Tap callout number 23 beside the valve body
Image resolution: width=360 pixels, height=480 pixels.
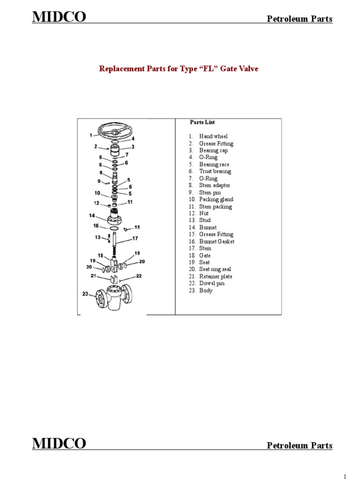85,294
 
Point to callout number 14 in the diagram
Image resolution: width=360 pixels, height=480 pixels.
92,215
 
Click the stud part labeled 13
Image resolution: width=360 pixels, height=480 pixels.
110,238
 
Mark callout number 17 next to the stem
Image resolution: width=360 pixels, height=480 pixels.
135,238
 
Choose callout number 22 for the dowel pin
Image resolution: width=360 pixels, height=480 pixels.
139,276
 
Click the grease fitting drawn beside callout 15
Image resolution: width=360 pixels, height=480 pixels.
126,229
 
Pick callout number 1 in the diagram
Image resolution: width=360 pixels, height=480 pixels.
90,135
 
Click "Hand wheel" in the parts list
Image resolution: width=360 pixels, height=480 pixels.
213,136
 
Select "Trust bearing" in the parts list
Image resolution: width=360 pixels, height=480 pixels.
215,172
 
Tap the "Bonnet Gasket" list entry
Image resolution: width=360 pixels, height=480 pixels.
217,241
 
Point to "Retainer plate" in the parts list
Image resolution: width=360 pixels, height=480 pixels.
215,277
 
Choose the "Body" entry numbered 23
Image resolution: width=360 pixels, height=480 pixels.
206,291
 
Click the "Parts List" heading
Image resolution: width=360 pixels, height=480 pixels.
202,122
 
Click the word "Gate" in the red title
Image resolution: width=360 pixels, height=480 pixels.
223,69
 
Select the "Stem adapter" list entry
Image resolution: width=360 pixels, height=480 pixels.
214,186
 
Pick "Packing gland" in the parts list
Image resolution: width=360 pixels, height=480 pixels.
216,200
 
